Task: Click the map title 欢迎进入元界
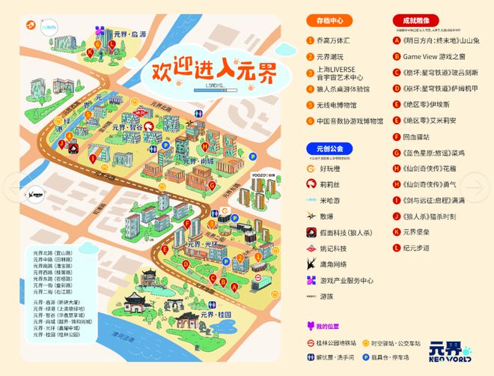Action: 213,71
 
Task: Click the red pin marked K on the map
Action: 91,52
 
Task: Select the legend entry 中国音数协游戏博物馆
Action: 349,121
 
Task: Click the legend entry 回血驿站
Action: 416,137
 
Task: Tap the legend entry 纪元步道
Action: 416,247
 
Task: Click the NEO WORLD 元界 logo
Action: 449,351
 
